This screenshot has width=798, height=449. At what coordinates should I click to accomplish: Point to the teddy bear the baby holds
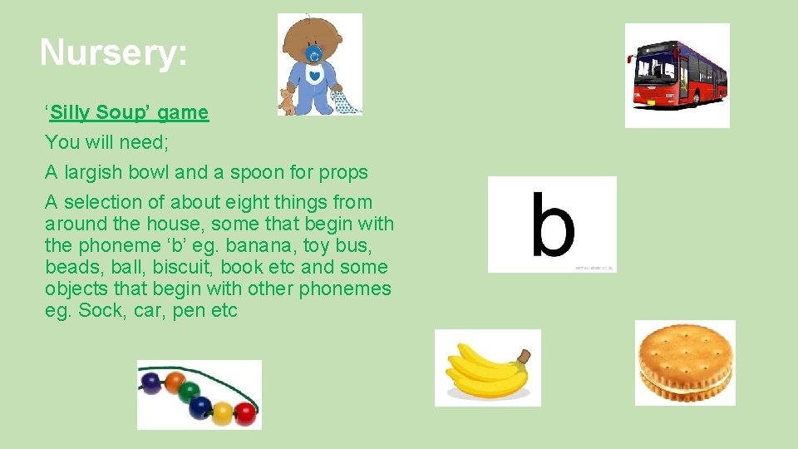[x=287, y=101]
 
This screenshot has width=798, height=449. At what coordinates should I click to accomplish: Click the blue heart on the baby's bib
[x=315, y=76]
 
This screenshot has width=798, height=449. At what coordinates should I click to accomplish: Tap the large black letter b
[x=552, y=224]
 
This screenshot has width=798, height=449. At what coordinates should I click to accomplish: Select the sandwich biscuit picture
[x=685, y=362]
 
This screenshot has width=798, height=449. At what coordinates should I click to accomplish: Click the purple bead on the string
[x=150, y=383]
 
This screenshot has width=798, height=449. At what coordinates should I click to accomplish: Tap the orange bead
[x=174, y=382]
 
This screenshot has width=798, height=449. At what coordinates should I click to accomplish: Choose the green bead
[x=190, y=392]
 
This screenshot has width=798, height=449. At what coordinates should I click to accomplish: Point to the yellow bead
[x=223, y=411]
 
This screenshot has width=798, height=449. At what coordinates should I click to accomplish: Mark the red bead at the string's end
[x=244, y=412]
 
